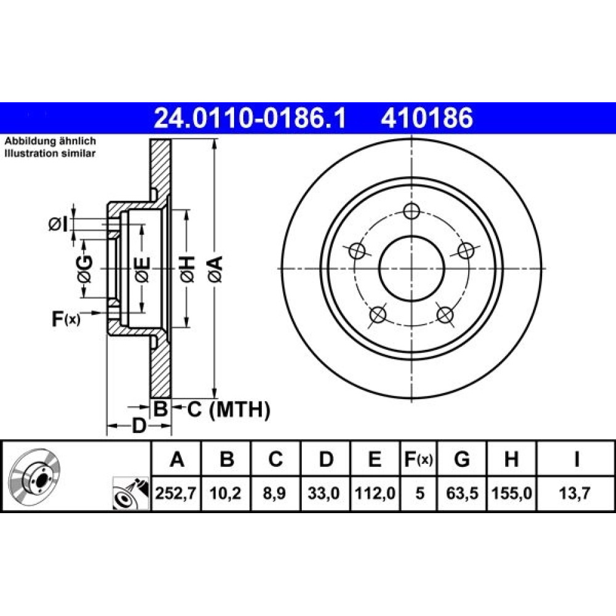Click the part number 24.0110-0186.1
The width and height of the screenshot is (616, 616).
point(250,118)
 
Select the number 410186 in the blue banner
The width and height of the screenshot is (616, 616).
point(427,118)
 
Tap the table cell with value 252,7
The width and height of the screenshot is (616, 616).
point(176,493)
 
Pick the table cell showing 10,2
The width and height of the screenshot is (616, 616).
point(225,493)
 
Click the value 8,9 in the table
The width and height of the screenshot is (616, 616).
point(275,493)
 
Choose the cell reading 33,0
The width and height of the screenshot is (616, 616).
point(325,493)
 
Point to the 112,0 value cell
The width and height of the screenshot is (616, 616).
point(375,493)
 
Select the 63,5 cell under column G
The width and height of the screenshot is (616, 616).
point(462,493)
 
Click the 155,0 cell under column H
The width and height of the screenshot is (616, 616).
point(511,493)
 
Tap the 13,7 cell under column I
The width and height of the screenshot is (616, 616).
point(575,493)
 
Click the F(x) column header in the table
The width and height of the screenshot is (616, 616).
point(419,459)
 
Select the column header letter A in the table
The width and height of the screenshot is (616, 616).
point(177,459)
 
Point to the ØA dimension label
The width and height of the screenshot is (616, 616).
point(216,269)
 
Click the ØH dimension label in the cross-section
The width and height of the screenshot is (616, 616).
point(187,269)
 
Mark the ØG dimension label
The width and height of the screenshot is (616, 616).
point(85,269)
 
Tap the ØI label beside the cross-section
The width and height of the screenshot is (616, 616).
point(58,224)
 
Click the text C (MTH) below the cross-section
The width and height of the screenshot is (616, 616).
point(229,410)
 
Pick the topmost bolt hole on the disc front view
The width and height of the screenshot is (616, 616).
point(411,211)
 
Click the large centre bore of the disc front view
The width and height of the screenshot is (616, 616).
point(411,269)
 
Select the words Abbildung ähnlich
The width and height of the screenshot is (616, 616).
point(51,141)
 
